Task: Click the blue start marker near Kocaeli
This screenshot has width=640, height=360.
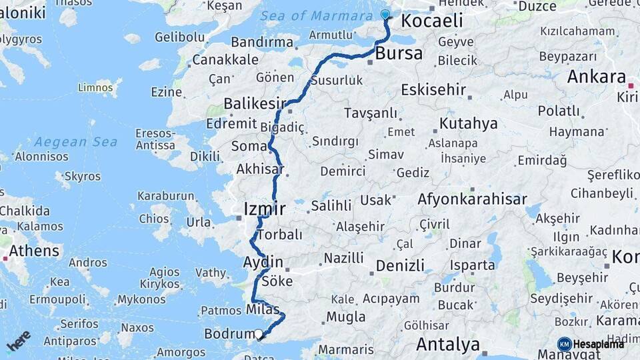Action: click(385, 15)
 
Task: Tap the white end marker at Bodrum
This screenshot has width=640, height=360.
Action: click(259, 334)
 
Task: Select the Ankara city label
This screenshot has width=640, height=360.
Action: click(596, 77)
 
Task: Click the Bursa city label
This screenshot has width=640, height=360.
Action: click(399, 53)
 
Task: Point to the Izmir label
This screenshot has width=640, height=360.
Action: click(265, 209)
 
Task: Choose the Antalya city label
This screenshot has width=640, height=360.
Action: click(448, 345)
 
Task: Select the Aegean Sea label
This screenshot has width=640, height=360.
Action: click(76, 141)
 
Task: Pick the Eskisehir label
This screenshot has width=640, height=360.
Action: click(433, 90)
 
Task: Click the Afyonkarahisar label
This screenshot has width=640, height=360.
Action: click(472, 199)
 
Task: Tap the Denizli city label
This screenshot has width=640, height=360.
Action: click(400, 265)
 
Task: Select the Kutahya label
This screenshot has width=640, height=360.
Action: click(469, 123)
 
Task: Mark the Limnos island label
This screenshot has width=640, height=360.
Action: click(96, 87)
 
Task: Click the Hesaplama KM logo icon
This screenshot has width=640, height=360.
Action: click(564, 344)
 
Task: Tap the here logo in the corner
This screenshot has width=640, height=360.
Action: click(19, 341)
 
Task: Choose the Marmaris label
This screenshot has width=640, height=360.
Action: click(346, 349)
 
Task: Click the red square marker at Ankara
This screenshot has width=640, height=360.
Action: click(631, 85)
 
